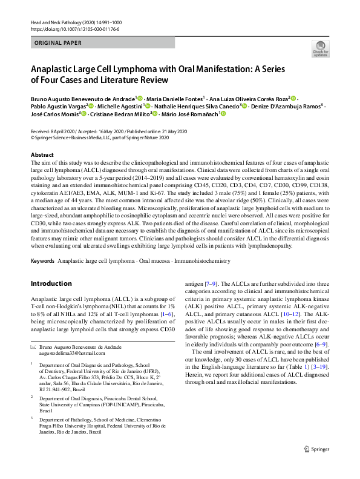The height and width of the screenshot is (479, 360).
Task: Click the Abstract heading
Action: tap(42, 155)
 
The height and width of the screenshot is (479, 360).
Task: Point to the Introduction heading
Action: tap(51, 283)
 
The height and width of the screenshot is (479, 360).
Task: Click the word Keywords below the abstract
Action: tap(42, 261)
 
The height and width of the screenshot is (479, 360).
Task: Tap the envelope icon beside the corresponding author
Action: tap(33, 345)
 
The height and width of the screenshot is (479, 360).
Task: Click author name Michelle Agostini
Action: tap(122, 105)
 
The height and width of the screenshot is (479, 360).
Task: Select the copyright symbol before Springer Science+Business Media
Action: tap(33, 137)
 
